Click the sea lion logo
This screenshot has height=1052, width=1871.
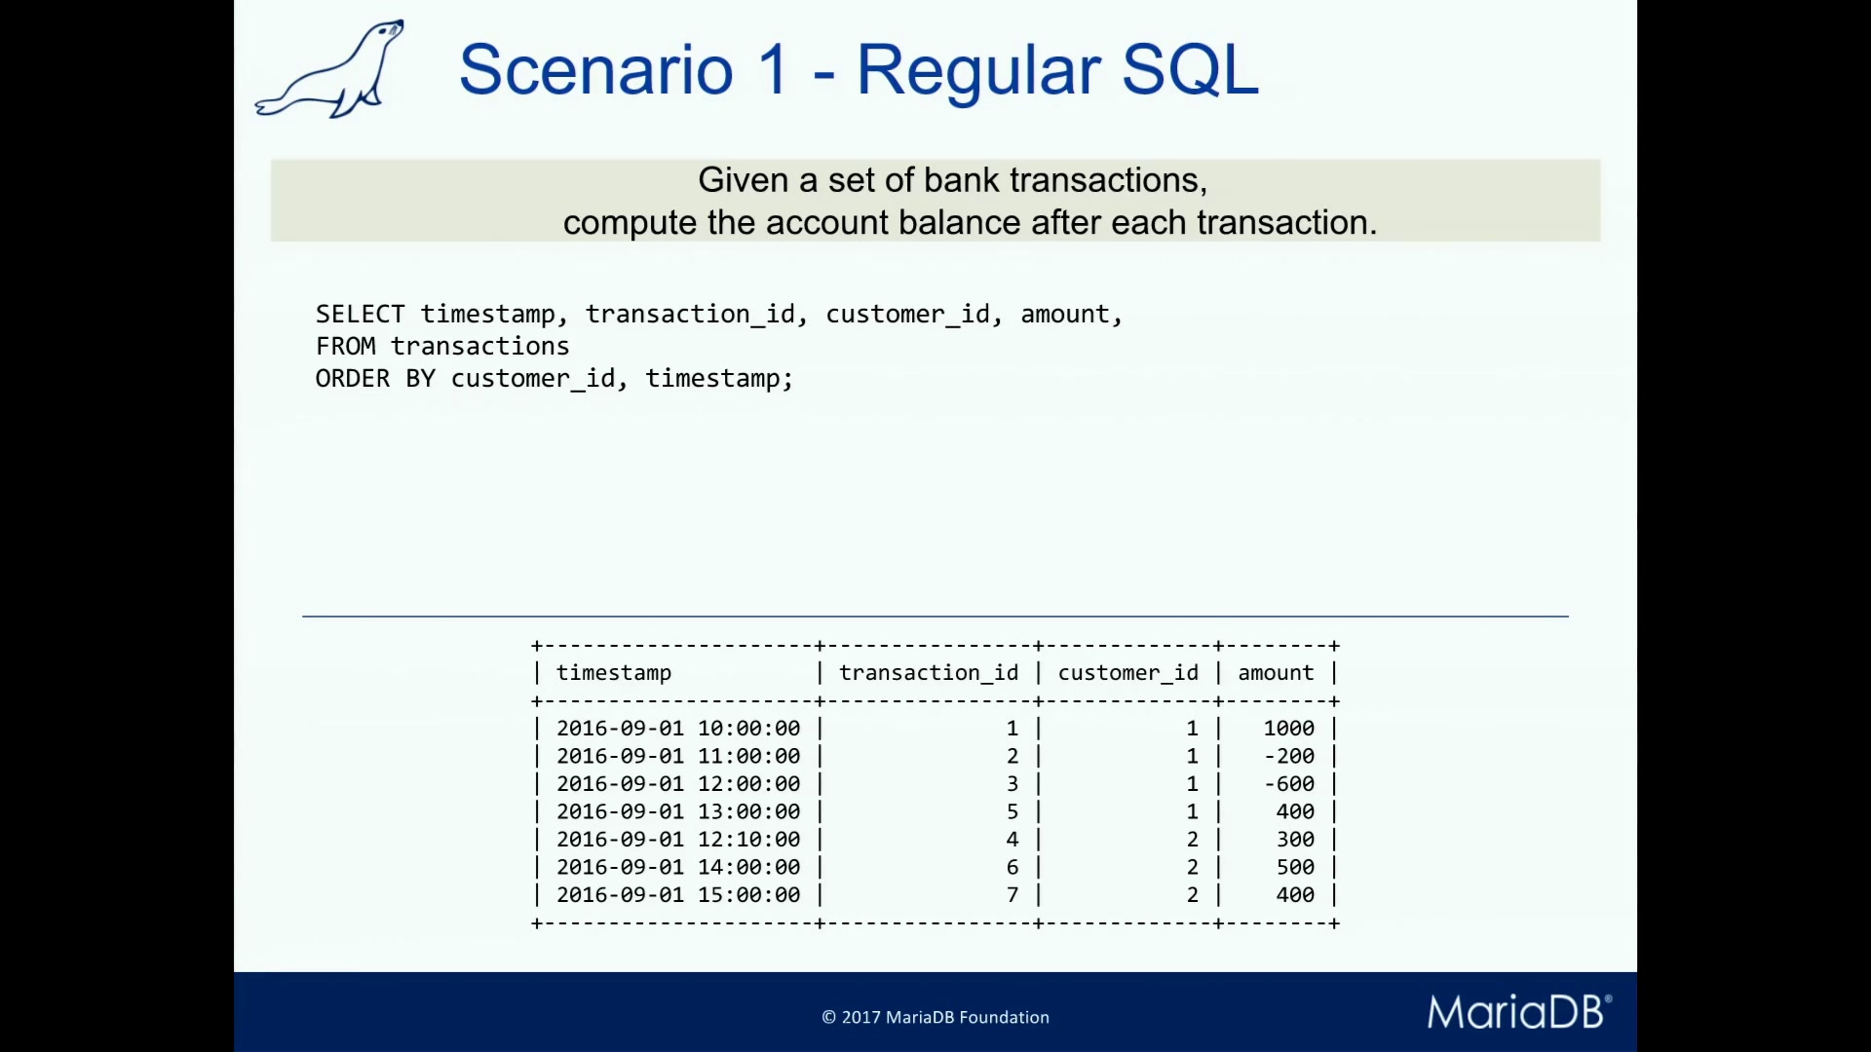(329, 69)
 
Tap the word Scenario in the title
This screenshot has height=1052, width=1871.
(595, 70)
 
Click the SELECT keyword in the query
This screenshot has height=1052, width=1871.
(360, 315)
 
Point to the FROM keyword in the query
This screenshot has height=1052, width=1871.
(345, 347)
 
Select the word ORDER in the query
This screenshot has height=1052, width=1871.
(352, 379)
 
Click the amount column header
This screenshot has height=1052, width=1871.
(1276, 673)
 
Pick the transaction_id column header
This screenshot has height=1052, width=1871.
(929, 673)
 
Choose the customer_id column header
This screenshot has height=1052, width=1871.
(1128, 673)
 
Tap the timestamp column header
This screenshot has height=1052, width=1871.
(614, 674)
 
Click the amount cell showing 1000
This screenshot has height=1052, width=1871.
(1289, 729)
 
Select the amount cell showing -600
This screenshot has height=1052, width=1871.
(1289, 784)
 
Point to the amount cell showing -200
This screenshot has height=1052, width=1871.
(1289, 756)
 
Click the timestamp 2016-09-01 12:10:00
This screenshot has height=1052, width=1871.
(678, 840)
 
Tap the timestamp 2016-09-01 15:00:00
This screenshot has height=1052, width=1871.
(678, 895)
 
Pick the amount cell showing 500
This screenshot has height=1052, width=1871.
(1295, 867)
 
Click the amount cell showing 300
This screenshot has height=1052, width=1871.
(1295, 840)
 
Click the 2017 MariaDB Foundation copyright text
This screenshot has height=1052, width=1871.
(935, 1017)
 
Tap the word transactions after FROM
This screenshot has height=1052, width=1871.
(480, 347)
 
